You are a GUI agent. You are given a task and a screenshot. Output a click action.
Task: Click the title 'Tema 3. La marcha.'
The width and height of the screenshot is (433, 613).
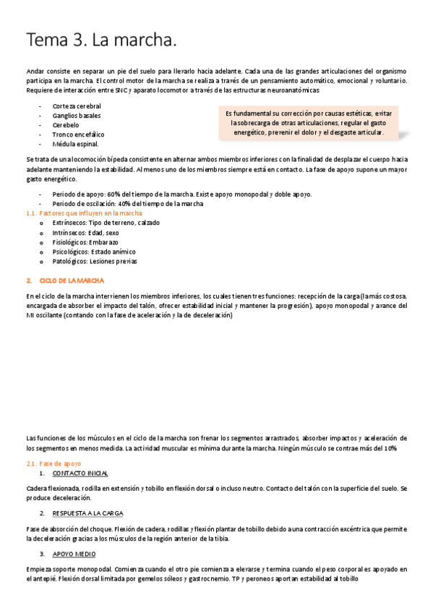[x=101, y=40]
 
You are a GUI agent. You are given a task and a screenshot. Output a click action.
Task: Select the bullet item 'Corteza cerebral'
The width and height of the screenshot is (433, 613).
[x=77, y=106]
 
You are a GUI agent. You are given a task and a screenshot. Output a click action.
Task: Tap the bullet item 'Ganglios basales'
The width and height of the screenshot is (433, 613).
[x=77, y=116]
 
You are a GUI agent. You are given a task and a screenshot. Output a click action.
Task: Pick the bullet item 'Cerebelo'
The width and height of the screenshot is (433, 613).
[x=66, y=125]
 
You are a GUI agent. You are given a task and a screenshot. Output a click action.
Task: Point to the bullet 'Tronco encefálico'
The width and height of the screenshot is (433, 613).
[x=78, y=134]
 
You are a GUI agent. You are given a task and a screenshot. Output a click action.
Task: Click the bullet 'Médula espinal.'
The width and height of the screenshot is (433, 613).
[x=75, y=144]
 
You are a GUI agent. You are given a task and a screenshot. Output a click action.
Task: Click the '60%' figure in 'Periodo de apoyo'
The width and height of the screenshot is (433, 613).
[x=114, y=194]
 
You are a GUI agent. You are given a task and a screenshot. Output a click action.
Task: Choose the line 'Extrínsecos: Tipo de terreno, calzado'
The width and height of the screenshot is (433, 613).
[x=106, y=223]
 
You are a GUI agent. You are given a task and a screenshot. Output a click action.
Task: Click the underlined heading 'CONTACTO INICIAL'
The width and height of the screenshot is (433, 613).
[x=80, y=473]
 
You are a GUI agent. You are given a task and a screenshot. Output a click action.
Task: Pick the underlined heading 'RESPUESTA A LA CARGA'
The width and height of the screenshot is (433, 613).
[x=87, y=513]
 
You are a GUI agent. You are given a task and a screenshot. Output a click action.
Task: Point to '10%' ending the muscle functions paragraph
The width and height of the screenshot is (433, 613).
[x=389, y=448]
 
